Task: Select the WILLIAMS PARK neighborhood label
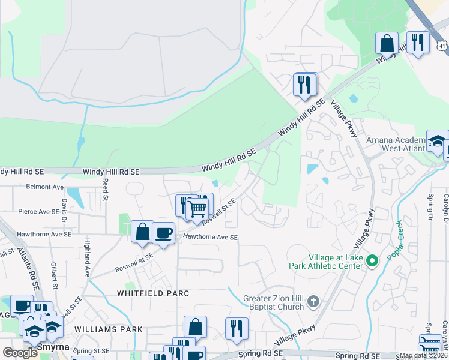[x=109, y=329]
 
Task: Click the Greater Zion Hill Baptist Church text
[x=274, y=302]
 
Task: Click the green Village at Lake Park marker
[x=372, y=260]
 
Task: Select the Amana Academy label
[x=395, y=144]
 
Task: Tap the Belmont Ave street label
[x=44, y=187]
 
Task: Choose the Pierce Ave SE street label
[x=42, y=212]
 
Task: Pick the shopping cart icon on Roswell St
[x=197, y=209]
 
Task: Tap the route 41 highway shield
[x=442, y=45]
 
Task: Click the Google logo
[x=20, y=353]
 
